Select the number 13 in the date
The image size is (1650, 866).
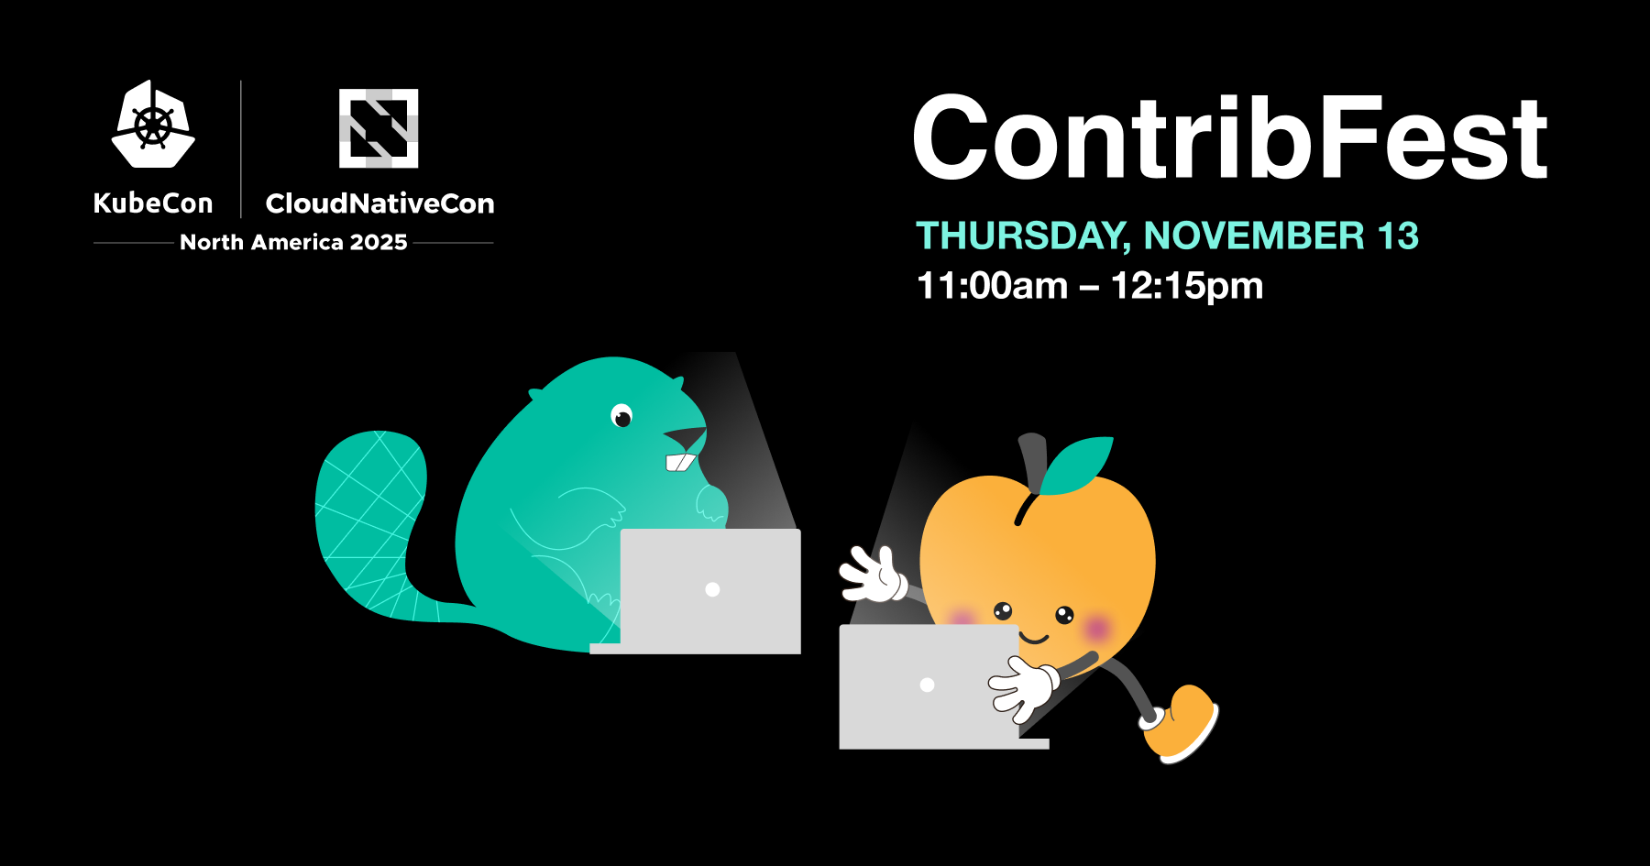1398,236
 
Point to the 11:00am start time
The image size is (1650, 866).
992,286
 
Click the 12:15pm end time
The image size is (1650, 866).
1187,286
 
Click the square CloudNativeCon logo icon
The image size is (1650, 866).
379,128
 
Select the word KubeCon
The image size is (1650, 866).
153,203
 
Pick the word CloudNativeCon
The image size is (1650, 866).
379,203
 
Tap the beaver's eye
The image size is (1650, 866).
622,417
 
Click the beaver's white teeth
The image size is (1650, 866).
680,462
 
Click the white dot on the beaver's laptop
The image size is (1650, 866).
712,590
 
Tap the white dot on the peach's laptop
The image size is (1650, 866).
927,685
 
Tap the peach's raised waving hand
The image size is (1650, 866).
873,575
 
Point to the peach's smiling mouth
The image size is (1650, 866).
1034,638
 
